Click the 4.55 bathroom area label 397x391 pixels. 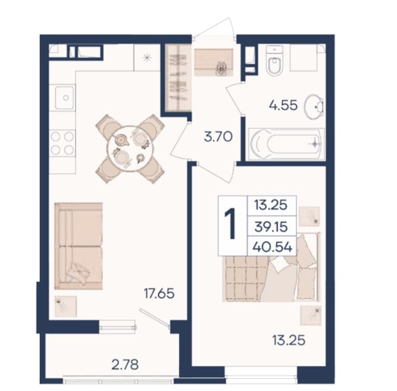pyautogui.click(x=283, y=105)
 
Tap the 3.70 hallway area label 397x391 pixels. pyautogui.click(x=218, y=136)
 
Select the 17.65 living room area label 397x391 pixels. pyautogui.click(x=159, y=293)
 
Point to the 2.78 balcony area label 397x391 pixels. pyautogui.click(x=125, y=365)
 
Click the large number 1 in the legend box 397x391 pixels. pyautogui.click(x=231, y=223)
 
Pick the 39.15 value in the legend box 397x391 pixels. pyautogui.click(x=271, y=226)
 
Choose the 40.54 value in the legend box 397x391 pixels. pyautogui.click(x=273, y=247)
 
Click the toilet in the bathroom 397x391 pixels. pyautogui.click(x=274, y=60)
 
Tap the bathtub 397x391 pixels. pyautogui.click(x=286, y=144)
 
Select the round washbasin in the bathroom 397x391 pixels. pyautogui.click(x=314, y=107)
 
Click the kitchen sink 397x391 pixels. pyautogui.click(x=64, y=98)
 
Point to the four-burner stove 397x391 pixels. pyautogui.click(x=62, y=143)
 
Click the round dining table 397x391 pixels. pyautogui.click(x=129, y=148)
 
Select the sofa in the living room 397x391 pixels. pyautogui.click(x=79, y=246)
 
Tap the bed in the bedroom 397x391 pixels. pyautogui.click(x=271, y=268)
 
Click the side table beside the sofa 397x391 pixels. pyautogui.click(x=65, y=306)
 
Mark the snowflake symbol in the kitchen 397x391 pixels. pyautogui.click(x=147, y=58)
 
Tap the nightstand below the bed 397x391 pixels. pyautogui.click(x=311, y=315)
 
